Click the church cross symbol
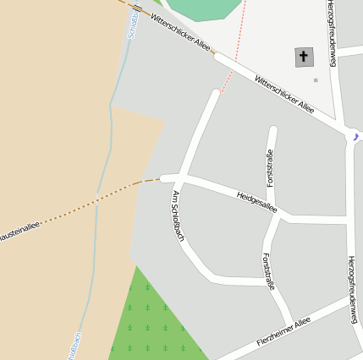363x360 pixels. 304,57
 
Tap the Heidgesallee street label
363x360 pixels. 257,201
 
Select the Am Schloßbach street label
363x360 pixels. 178,216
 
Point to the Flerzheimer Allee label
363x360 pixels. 284,332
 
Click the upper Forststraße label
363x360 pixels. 270,167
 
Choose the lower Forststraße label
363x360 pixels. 268,271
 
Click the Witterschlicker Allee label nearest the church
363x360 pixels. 284,94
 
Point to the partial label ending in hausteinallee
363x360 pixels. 19,230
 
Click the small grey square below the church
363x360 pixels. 316,80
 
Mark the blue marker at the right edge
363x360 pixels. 355,135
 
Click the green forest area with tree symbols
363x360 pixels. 152,321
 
